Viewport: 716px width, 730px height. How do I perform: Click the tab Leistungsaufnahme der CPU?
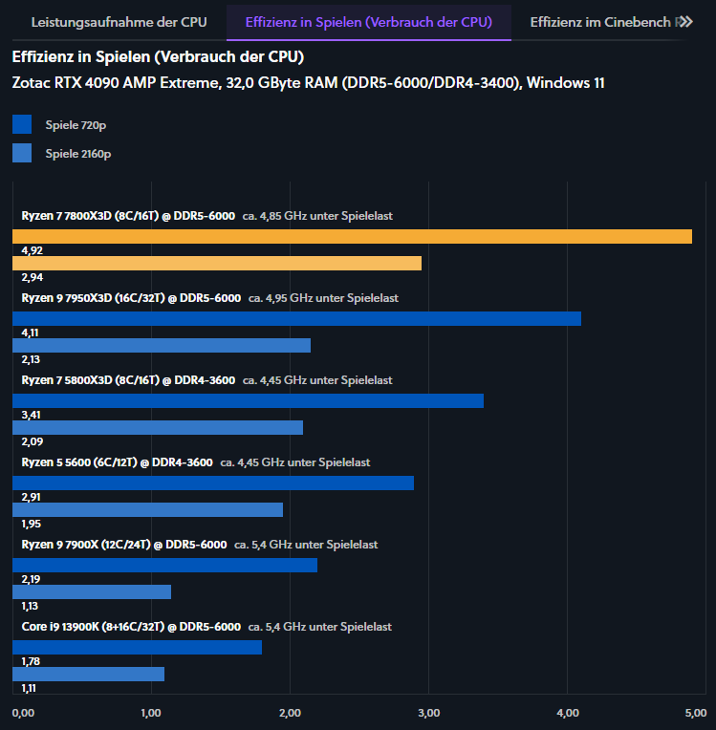119,21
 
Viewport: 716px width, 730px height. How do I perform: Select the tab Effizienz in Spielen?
368,21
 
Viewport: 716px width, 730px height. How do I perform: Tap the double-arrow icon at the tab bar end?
684,21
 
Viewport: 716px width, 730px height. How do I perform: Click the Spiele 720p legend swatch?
22,125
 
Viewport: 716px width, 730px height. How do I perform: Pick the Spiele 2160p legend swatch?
22,153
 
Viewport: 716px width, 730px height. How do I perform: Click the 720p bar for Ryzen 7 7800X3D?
352,236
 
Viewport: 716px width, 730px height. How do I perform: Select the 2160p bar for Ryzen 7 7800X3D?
217,263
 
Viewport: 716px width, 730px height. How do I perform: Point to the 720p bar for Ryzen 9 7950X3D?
296,318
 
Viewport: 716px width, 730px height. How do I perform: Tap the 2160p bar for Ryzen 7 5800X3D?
158,427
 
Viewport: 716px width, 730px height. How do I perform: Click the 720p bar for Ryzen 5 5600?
213,483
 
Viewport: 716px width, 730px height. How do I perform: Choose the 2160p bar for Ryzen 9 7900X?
92,591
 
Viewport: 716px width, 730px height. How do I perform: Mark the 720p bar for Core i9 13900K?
137,647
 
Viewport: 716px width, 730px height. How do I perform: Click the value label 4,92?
33,251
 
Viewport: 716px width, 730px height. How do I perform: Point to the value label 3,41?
33,416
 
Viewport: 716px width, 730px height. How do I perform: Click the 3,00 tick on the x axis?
429,713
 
